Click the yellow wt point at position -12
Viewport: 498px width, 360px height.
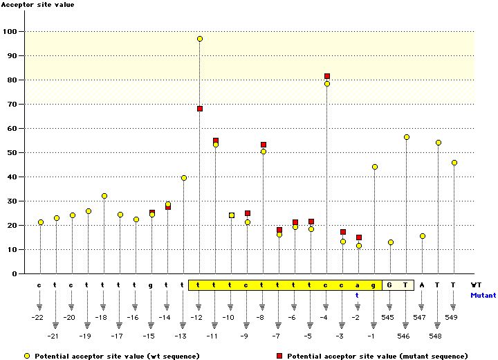200,39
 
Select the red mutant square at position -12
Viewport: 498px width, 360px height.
200,109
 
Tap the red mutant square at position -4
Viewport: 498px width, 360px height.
327,76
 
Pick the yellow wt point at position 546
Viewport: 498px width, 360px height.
407,137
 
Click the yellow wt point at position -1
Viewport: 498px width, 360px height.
375,167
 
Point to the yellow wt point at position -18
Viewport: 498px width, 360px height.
104,196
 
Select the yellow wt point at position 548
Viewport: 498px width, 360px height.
439,143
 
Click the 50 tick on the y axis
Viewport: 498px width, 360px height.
20,153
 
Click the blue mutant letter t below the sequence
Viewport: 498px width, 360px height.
358,295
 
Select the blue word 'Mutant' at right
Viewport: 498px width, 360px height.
483,295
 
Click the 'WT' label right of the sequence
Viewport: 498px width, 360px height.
476,285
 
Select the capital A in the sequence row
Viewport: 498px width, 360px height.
423,285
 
